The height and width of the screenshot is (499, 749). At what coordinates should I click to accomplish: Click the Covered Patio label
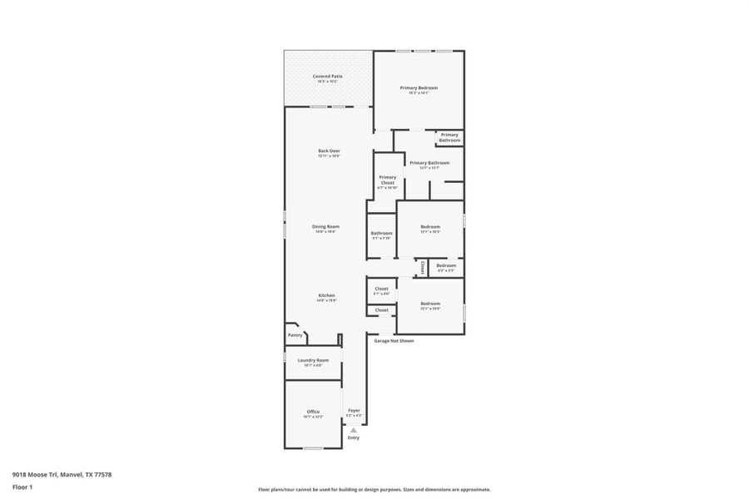tap(327, 77)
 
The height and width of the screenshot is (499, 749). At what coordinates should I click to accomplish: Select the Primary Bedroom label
tap(418, 88)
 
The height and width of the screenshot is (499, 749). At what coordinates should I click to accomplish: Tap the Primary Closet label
tap(387, 180)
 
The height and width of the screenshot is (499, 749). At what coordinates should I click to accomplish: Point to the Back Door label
tap(329, 151)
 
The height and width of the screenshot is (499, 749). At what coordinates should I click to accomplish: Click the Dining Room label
tap(325, 227)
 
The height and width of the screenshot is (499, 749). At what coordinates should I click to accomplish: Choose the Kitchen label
tap(326, 296)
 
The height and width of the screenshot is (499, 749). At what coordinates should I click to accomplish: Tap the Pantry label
tap(295, 335)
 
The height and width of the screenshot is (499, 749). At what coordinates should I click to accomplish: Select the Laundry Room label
tap(313, 360)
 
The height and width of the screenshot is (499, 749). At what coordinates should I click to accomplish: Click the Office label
tap(313, 412)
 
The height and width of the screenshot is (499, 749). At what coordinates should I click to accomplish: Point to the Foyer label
tap(354, 411)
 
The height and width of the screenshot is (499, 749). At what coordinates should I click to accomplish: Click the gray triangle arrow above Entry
tap(354, 430)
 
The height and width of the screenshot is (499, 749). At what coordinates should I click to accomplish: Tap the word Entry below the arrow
tap(354, 437)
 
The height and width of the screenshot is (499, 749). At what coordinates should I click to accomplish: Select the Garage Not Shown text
tap(394, 341)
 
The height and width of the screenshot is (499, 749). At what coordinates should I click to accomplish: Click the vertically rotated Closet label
tap(423, 268)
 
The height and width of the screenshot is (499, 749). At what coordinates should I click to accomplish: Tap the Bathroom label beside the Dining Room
tap(381, 234)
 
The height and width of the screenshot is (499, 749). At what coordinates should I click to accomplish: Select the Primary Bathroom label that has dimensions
tap(429, 163)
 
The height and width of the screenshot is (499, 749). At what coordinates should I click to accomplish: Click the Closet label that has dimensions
tap(381, 289)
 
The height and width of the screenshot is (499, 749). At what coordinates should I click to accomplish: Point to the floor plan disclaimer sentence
tap(374, 490)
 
